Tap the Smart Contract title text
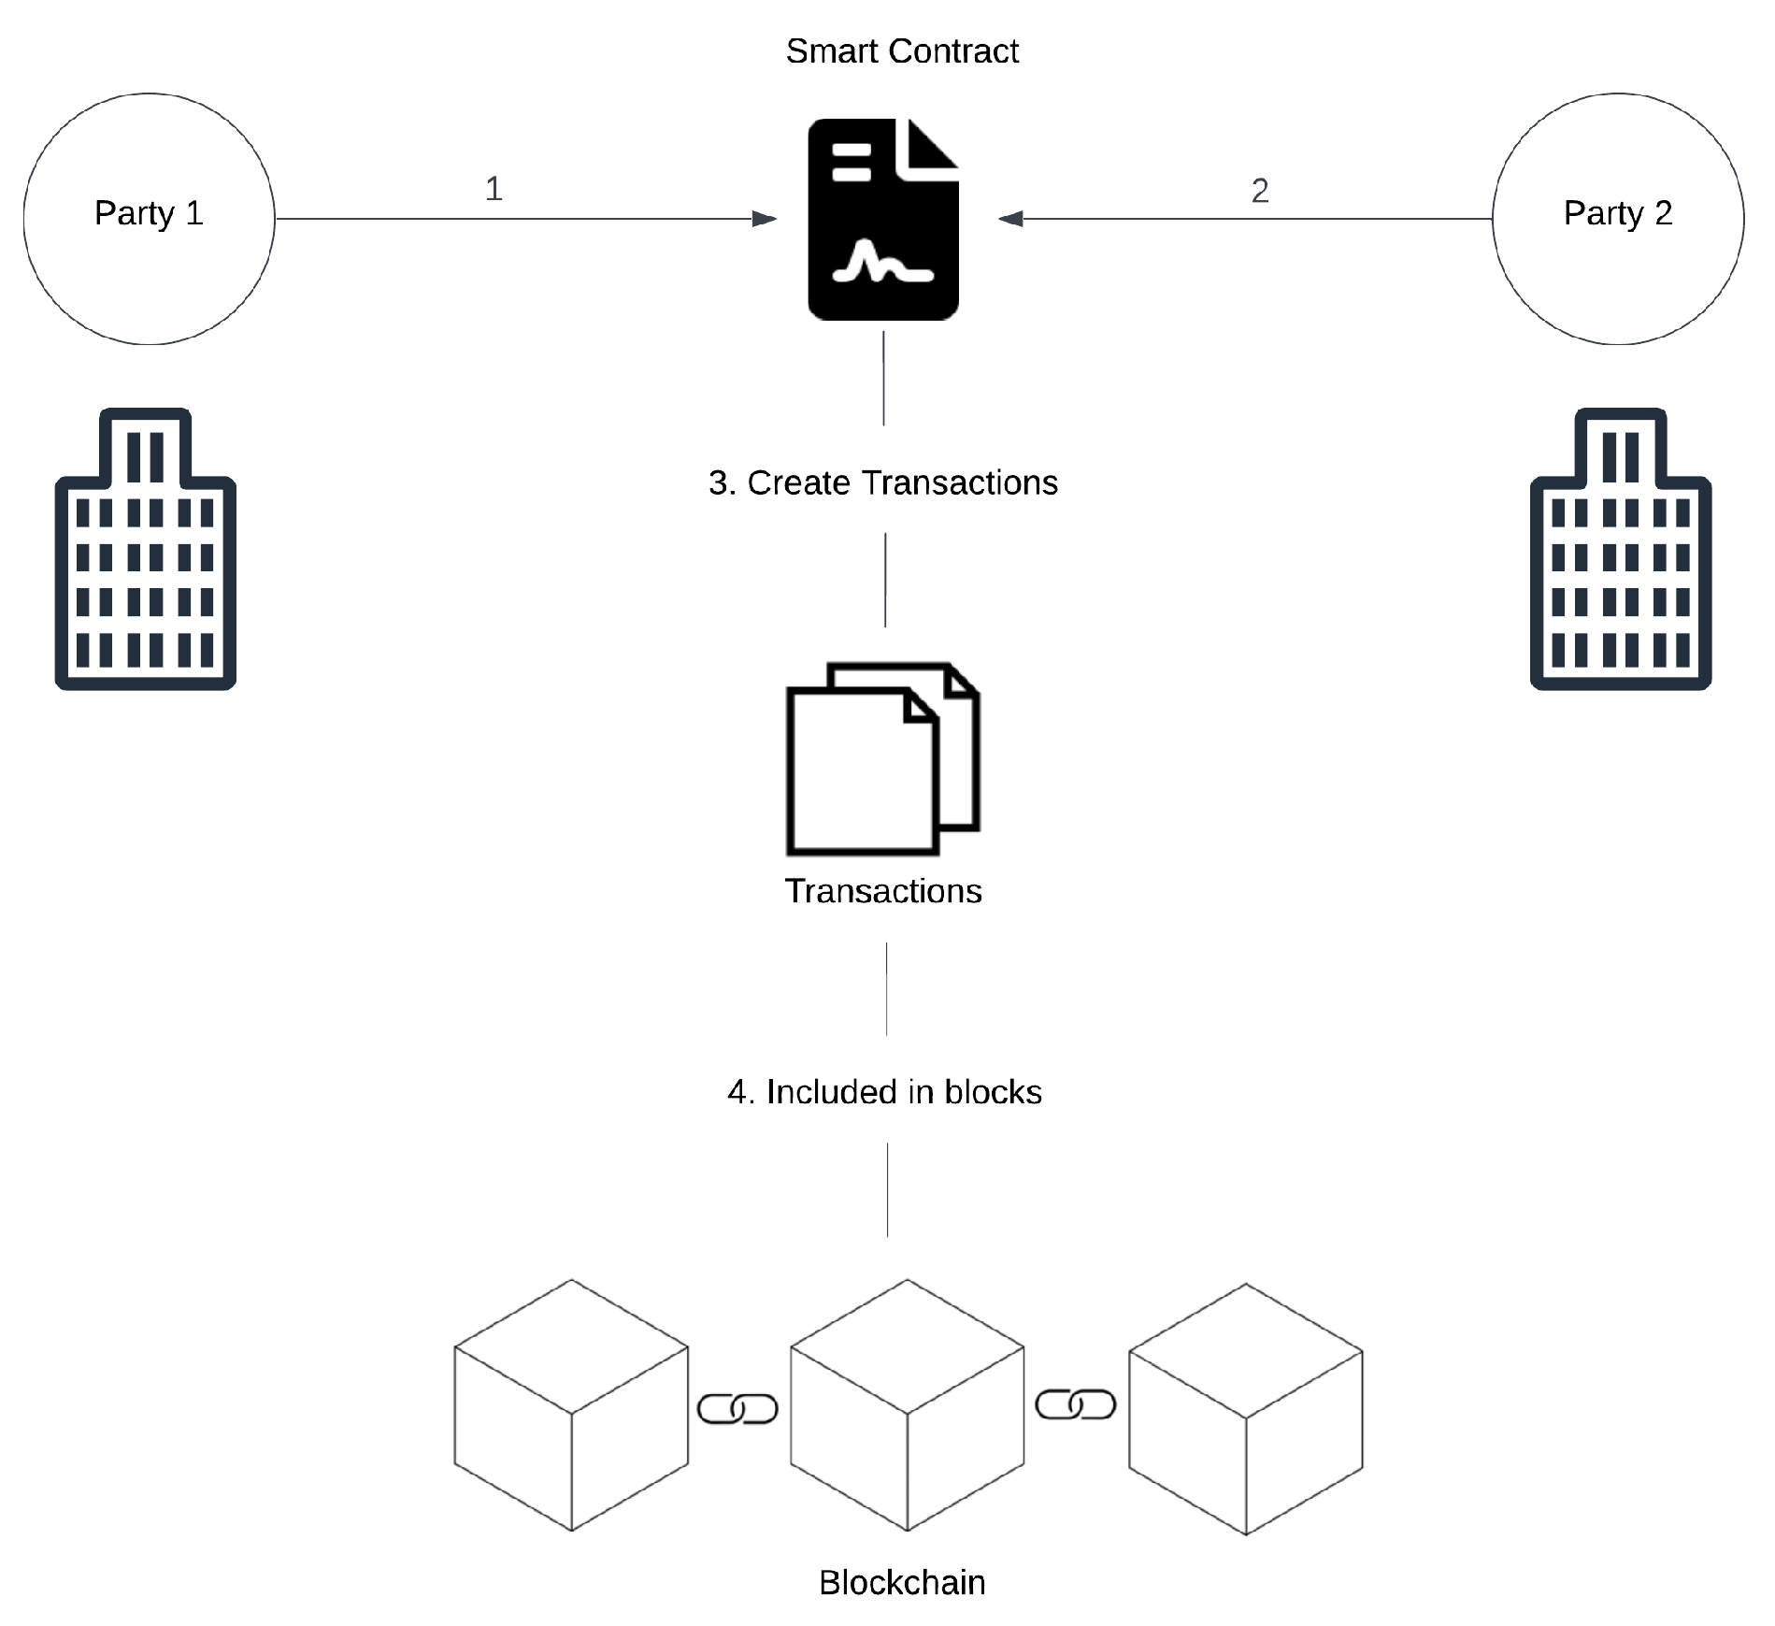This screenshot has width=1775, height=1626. coord(901,51)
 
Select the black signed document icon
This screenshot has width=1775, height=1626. coord(882,220)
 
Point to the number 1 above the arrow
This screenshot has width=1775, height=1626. coord(494,189)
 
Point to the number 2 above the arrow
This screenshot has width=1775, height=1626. coord(1259,191)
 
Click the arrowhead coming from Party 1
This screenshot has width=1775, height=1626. coord(765,219)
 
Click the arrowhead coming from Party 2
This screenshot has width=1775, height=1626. coord(1010,219)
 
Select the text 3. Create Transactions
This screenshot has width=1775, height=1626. coord(882,482)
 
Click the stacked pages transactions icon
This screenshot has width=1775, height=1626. coord(881,759)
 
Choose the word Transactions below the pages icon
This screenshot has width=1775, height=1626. coord(882,891)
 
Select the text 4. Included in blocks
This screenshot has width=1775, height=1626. coord(884,1091)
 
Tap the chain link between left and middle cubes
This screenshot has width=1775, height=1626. coord(737,1408)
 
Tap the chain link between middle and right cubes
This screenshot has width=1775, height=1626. coord(1075,1404)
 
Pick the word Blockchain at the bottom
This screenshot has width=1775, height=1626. coord(901,1582)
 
